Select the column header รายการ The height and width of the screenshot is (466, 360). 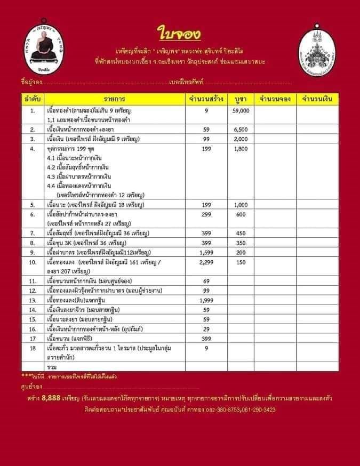[x=114, y=100]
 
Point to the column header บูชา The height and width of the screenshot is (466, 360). [x=241, y=100]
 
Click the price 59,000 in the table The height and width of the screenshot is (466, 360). [x=241, y=110]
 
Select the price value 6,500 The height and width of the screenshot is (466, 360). [x=241, y=130]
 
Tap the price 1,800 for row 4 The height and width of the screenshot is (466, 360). [x=241, y=149]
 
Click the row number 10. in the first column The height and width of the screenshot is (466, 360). [x=33, y=262]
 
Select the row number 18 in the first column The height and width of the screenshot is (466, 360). [x=33, y=348]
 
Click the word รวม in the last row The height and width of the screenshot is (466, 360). [x=52, y=367]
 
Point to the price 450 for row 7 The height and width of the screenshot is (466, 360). [x=241, y=233]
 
